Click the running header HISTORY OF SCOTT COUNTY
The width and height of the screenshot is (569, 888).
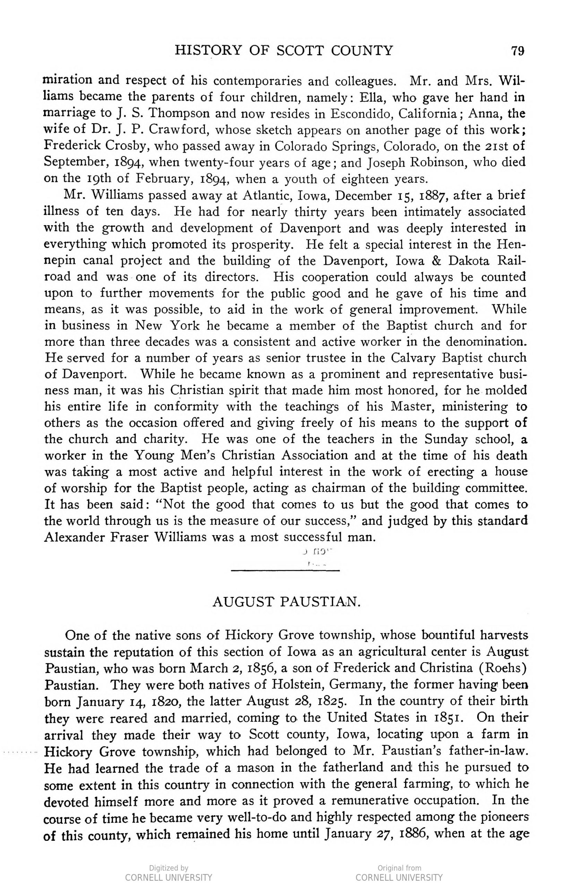click(284, 50)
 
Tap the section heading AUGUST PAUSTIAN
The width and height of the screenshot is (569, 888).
click(286, 602)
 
